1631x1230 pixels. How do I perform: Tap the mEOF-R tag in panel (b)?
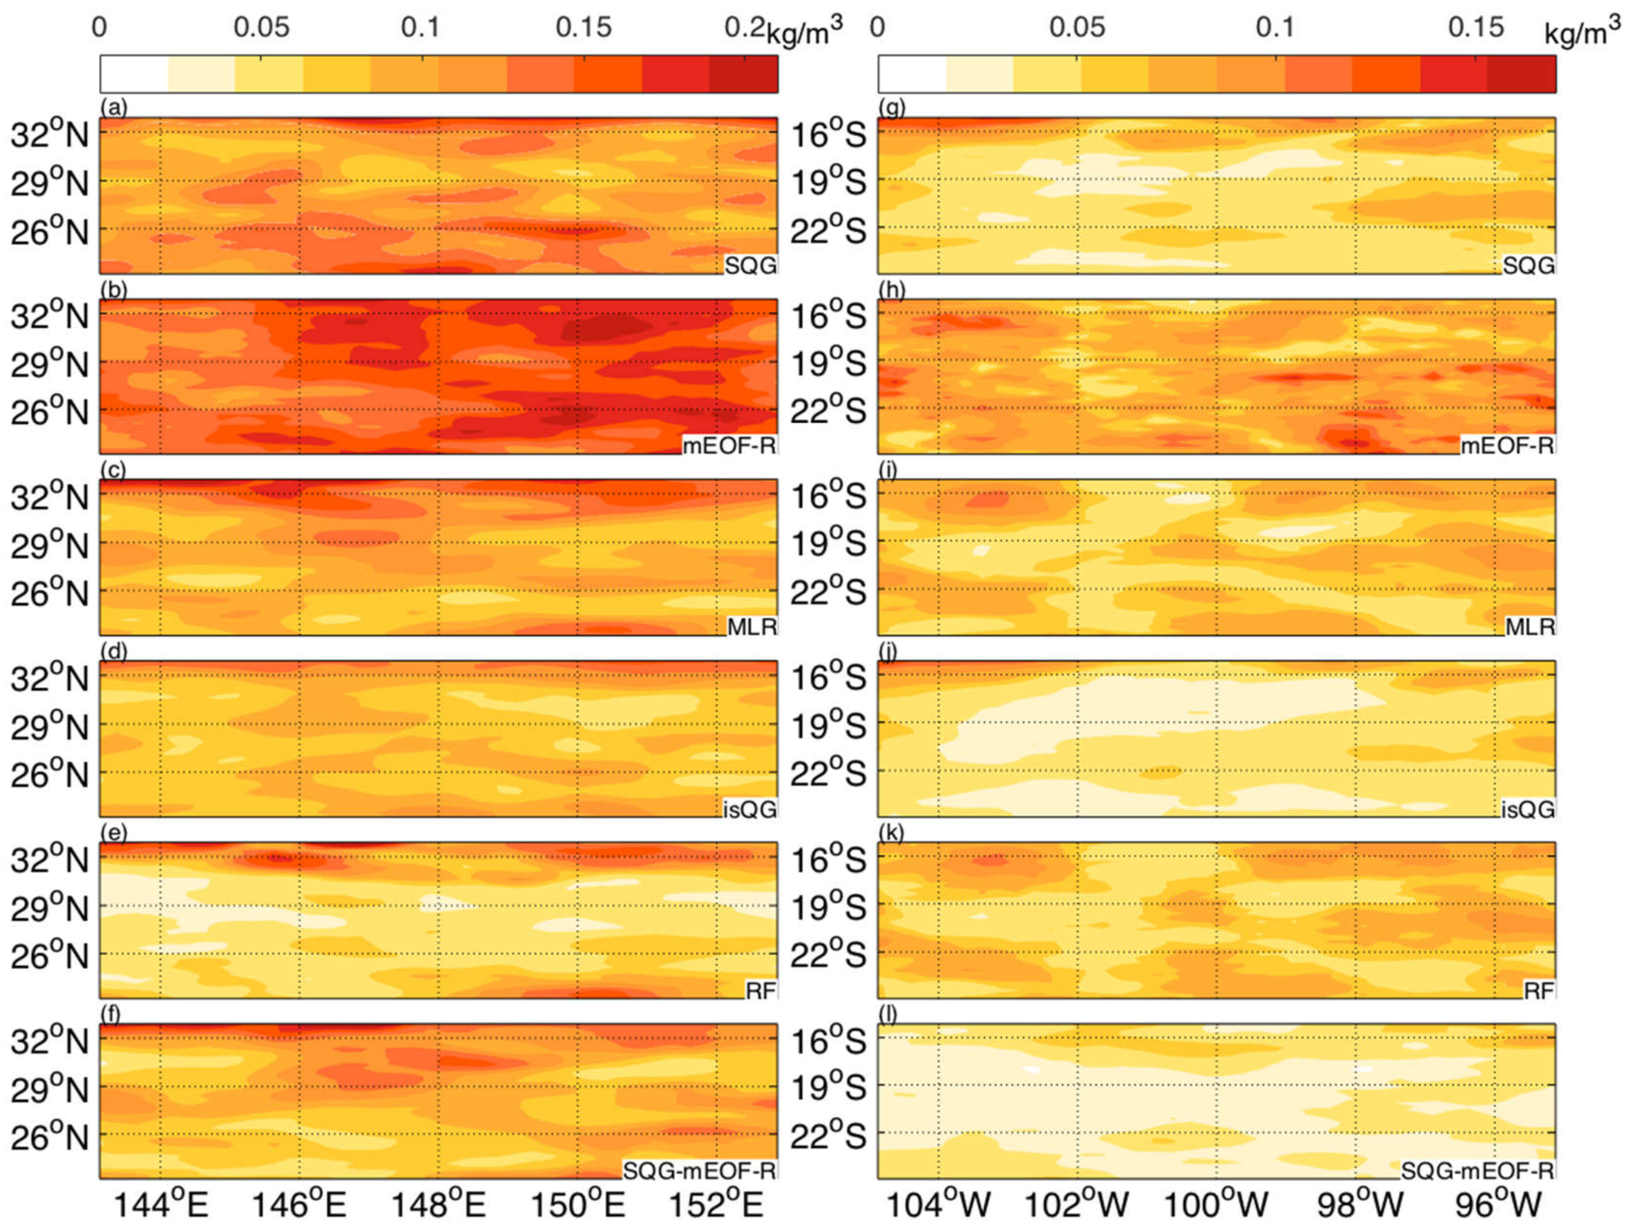[x=728, y=445]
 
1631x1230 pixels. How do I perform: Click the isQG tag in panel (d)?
[x=749, y=809]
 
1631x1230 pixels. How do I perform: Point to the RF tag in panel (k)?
[x=1539, y=990]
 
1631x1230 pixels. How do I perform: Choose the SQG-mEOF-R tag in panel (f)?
[x=699, y=1170]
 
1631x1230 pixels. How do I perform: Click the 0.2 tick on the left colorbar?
[x=745, y=27]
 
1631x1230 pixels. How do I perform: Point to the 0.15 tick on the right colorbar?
[x=1475, y=27]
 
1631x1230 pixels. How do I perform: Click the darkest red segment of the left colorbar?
[x=743, y=74]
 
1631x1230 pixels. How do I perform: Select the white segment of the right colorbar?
[x=911, y=74]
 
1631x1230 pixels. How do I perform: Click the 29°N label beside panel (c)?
[x=49, y=546]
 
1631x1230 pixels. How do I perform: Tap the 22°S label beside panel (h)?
[x=828, y=410]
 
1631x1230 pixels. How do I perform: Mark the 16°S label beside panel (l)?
[x=828, y=1041]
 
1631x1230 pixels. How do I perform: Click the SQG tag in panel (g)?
[x=1528, y=265]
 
